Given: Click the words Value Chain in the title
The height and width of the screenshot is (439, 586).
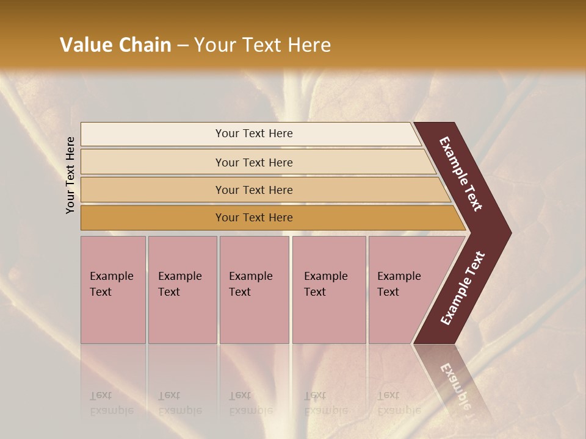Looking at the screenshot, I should pos(115,45).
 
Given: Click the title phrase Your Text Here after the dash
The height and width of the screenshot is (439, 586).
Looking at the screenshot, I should pos(262,45).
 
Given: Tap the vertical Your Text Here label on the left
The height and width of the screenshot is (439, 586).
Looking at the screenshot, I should pos(70,175).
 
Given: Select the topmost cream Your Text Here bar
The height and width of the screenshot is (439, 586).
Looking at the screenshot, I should pos(254,134).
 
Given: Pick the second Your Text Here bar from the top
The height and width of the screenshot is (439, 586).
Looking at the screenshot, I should pos(254,162).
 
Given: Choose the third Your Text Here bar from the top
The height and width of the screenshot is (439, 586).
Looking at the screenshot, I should pos(254,190).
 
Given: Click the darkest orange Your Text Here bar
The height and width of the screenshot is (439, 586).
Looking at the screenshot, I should pos(254,218).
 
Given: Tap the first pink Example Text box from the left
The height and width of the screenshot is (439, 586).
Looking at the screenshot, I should pos(113,289).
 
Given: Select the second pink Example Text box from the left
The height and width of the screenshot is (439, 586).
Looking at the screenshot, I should pos(182,289).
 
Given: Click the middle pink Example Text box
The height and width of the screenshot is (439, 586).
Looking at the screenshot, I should pos(254,289).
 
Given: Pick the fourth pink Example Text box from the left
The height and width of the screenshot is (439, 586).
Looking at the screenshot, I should pos(329,289).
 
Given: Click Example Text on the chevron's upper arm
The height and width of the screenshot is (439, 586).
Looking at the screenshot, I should pos(461,174).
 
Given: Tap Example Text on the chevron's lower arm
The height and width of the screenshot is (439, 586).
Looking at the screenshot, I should pos(463,288).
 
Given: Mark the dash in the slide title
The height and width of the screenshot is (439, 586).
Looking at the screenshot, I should pos(183,46).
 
